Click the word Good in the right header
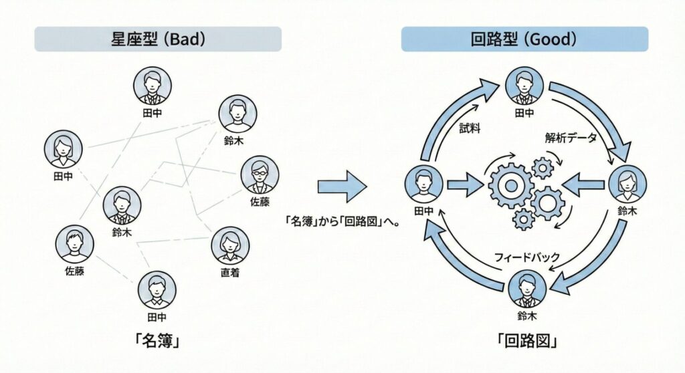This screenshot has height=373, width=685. pos(552,39)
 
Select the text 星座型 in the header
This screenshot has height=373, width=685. pos(131,39)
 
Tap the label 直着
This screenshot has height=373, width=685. pos(230,273)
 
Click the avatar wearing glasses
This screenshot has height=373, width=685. pos(260,174)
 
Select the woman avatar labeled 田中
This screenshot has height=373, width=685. pos(63,149)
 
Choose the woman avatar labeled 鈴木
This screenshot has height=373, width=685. pos(627,182)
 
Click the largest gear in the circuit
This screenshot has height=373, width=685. pos(510,184)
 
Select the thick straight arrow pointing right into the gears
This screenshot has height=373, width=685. pos(466,184)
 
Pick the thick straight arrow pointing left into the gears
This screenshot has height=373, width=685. pos(585,184)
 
